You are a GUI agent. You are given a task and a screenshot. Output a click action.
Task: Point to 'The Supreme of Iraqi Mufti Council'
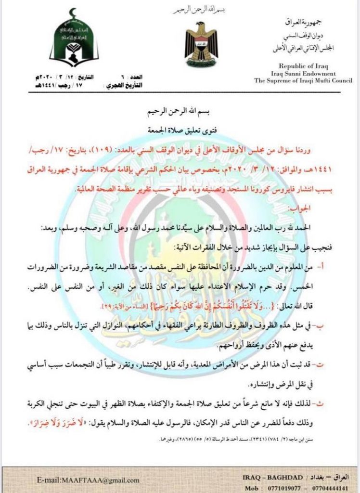point(304,81)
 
